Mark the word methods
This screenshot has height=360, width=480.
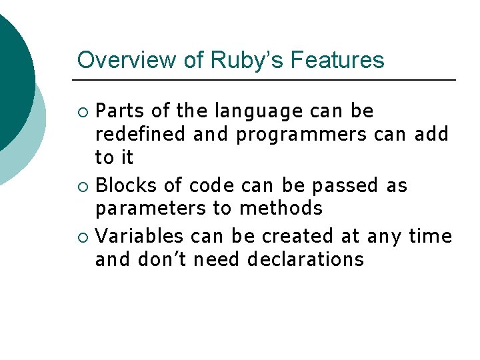[281, 209]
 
